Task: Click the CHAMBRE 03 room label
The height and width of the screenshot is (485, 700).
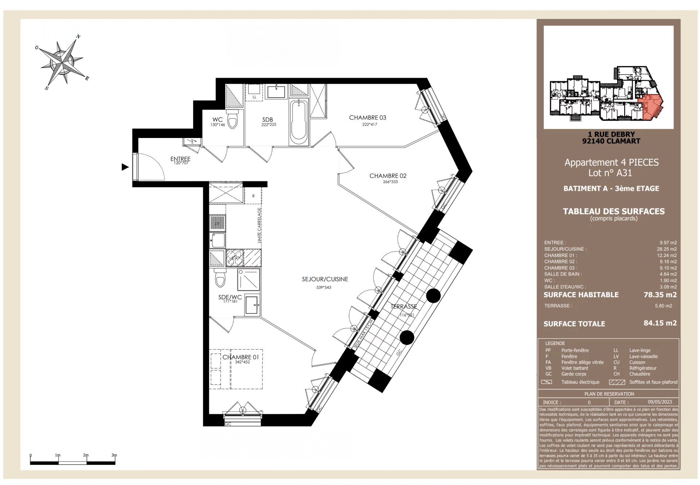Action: (367, 118)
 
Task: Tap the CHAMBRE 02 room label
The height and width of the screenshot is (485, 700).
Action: (388, 176)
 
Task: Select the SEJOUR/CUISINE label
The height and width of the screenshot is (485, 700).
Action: (325, 279)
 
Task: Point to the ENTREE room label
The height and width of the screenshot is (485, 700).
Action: (180, 159)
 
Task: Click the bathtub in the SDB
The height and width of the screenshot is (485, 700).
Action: (299, 122)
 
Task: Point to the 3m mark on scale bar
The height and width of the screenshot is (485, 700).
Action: (114, 455)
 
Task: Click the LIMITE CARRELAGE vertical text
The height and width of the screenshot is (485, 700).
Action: (259, 225)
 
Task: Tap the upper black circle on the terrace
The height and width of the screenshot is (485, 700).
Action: (433, 296)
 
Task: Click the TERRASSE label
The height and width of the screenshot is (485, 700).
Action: (404, 307)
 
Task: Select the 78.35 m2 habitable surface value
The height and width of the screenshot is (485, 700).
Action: (660, 295)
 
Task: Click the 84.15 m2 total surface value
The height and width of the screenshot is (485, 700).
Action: (660, 323)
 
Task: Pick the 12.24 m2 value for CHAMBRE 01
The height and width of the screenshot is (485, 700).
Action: (667, 256)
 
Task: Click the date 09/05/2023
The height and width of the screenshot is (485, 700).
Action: (660, 402)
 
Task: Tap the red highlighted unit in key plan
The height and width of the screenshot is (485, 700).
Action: (650, 107)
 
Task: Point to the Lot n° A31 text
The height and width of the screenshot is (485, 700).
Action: (610, 173)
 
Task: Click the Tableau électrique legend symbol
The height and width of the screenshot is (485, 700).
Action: (547, 382)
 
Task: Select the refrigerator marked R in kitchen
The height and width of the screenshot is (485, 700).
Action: (253, 196)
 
